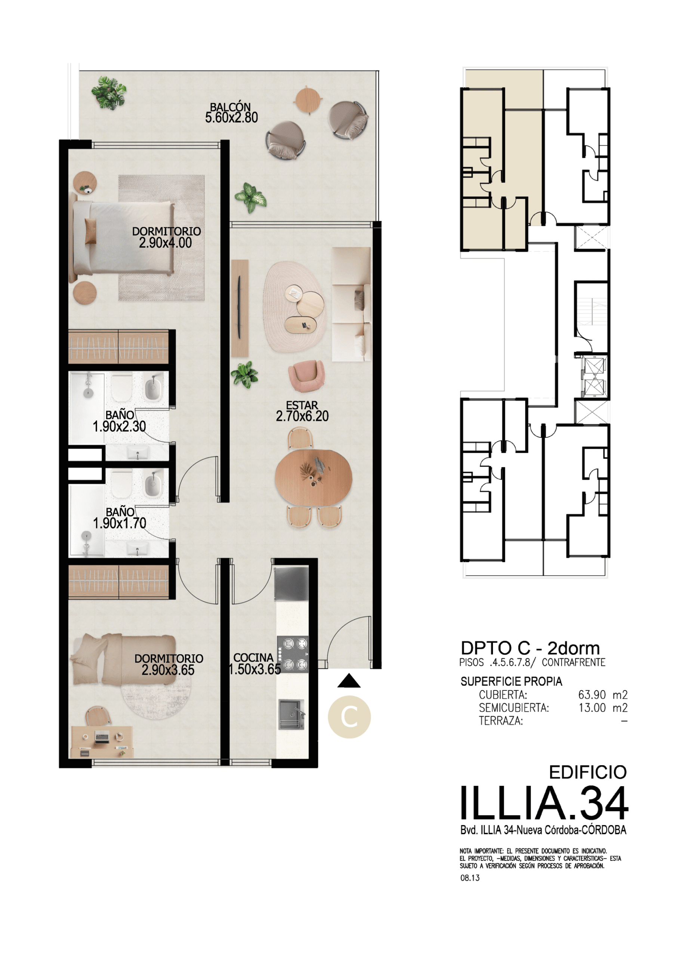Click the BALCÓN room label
(x=230, y=107)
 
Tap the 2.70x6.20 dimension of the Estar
(x=302, y=416)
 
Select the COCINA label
(x=253, y=658)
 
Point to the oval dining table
(x=314, y=478)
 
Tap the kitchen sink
(x=291, y=714)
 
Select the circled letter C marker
(x=349, y=717)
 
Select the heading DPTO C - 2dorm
(x=530, y=648)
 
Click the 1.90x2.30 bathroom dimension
(x=119, y=427)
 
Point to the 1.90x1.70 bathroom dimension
(x=119, y=523)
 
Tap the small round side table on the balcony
(x=308, y=100)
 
